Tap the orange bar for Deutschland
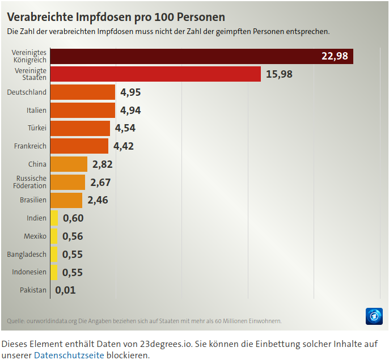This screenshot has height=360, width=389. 83,92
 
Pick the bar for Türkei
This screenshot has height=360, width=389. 80,128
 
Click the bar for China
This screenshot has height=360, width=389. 69,164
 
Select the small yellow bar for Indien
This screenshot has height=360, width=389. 54,218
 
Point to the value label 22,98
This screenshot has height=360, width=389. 334,56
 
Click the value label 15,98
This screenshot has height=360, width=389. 279,74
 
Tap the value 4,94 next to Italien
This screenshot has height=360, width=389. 130,111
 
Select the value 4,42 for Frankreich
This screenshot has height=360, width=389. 124,146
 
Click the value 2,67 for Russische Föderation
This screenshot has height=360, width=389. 100,183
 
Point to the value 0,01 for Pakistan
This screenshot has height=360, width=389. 65,290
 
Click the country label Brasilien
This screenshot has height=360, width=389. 33,200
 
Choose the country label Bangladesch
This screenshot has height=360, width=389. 27,255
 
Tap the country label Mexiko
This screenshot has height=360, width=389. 35,236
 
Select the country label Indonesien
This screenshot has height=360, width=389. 29,272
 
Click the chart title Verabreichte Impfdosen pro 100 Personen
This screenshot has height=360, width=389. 116,17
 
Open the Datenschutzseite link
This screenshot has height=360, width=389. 69,355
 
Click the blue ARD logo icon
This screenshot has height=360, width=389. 374,316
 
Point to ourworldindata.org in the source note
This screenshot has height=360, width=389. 52,321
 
